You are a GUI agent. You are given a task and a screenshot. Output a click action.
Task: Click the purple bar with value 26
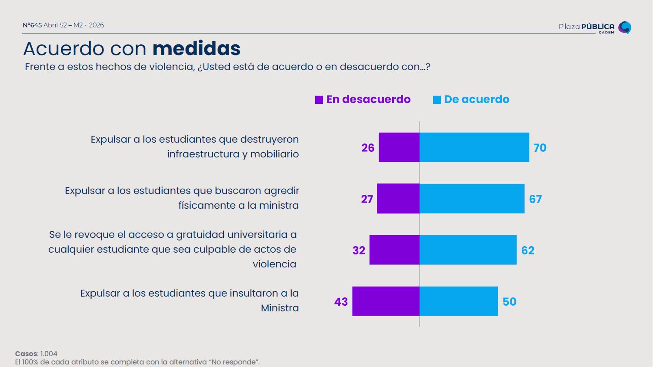[399, 147]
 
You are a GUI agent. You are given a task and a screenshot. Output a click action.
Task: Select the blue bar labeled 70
[474, 147]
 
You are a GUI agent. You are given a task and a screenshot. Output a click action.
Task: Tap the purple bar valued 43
[386, 301]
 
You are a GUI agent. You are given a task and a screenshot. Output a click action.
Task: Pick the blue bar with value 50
[459, 301]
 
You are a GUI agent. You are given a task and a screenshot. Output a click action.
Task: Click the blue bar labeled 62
[468, 250]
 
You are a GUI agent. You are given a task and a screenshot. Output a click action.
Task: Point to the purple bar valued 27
[398, 199]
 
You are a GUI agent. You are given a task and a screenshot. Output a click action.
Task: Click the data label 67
[535, 199]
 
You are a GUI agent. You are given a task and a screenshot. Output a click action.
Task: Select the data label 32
[359, 250]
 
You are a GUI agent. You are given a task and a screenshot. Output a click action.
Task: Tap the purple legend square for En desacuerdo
[319, 100]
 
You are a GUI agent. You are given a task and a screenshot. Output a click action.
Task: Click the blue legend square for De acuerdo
[437, 100]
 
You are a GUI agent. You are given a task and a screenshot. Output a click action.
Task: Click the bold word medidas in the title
[197, 48]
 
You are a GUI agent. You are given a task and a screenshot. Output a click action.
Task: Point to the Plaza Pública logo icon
[625, 27]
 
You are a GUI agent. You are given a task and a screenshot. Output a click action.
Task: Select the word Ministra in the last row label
[280, 308]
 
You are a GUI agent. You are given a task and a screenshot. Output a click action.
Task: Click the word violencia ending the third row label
[274, 264]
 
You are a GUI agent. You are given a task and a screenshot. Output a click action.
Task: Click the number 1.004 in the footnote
[49, 354]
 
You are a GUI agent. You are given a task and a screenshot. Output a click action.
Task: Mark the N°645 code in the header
[32, 25]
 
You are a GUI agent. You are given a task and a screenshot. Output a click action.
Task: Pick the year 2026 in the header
[97, 25]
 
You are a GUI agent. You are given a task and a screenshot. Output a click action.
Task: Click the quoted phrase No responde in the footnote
[234, 362]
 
